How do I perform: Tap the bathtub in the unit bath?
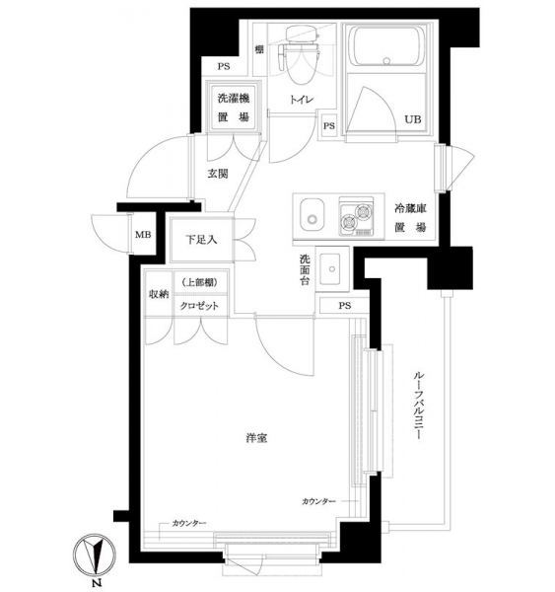point(386,45)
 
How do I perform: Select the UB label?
point(413,119)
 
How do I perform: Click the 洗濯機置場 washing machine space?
point(234,107)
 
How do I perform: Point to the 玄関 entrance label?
point(218,174)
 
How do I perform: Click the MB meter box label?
point(143,235)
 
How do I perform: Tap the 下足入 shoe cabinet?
point(201,240)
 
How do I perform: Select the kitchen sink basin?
point(312,215)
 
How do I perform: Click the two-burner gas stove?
point(356,216)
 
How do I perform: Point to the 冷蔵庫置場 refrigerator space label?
point(410,217)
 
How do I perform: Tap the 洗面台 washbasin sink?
point(331,268)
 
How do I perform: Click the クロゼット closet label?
point(199,306)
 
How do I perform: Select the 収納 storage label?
point(159,294)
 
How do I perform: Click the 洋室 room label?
point(256,438)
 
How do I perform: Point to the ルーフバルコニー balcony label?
point(417,406)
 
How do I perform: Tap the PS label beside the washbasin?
point(344,306)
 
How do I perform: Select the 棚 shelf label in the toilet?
point(259,49)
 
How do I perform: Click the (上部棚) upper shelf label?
point(200,282)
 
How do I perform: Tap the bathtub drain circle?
point(386,61)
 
